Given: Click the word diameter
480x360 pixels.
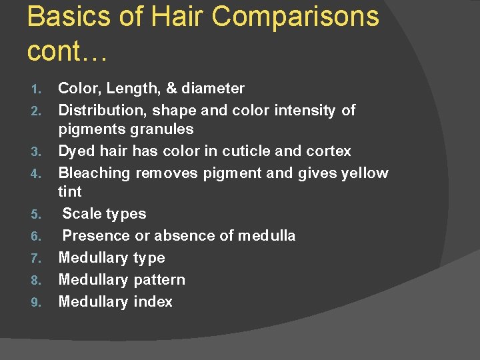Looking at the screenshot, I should click(x=213, y=89).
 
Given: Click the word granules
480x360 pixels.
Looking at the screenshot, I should click(x=163, y=129).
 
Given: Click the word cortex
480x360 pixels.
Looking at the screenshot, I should click(x=327, y=151).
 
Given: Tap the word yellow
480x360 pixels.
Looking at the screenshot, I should click(x=364, y=173).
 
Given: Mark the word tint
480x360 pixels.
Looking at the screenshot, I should click(x=70, y=192).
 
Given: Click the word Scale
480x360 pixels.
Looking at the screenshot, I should click(x=82, y=214).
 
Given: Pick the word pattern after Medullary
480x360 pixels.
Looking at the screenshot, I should click(x=159, y=280).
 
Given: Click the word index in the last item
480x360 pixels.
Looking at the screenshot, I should click(x=153, y=302).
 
